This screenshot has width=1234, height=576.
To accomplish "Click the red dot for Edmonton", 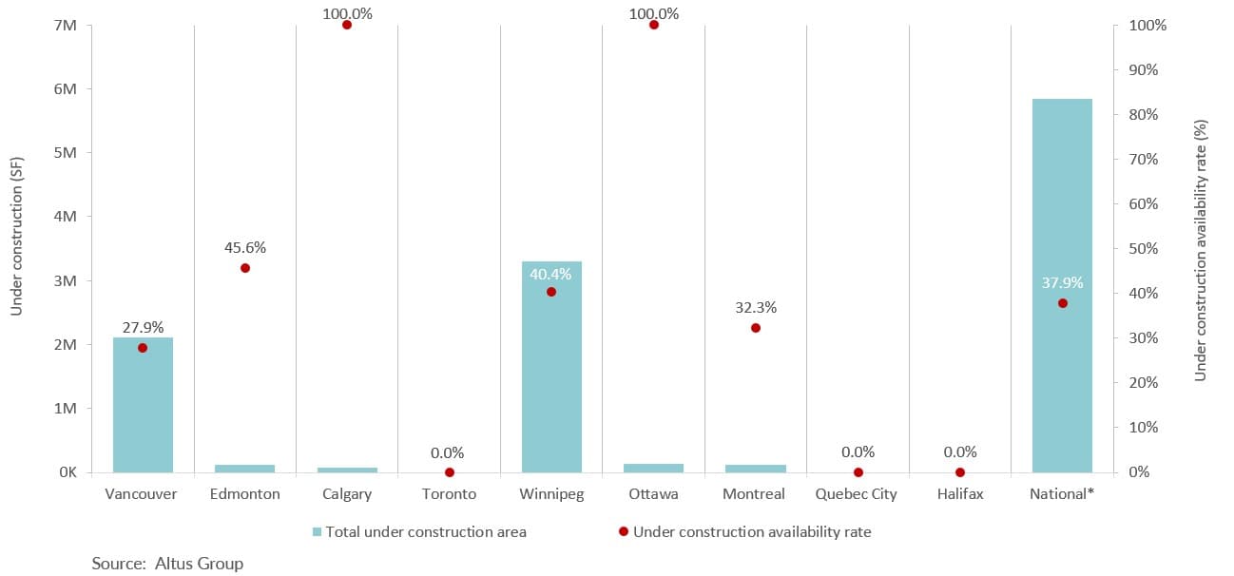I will click(245, 268).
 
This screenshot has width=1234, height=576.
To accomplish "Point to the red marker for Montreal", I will click(756, 328).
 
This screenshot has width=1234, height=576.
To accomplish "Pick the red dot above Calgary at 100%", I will click(347, 25).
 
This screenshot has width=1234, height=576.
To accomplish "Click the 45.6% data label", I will click(245, 248).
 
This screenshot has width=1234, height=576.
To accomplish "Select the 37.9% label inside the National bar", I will click(1062, 282).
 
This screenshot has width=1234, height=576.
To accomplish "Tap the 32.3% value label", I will click(756, 308).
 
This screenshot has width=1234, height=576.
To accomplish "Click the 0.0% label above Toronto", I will click(449, 453).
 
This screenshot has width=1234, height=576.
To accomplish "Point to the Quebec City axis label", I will click(858, 494).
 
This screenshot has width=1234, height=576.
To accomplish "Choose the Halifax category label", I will click(959, 494).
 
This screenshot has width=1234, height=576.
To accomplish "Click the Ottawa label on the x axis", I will click(653, 494).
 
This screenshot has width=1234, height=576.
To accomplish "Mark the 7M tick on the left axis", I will click(66, 25).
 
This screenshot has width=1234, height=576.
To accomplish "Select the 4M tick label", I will click(66, 217).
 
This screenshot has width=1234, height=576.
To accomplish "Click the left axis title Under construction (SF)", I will click(16, 249).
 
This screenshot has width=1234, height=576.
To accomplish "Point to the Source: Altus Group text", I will click(167, 564).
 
